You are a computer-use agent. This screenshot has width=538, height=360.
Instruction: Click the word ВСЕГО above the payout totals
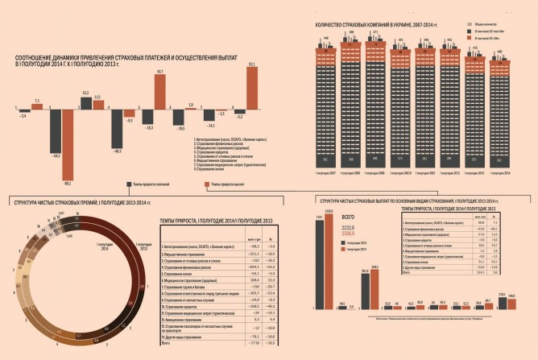[348, 217]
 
